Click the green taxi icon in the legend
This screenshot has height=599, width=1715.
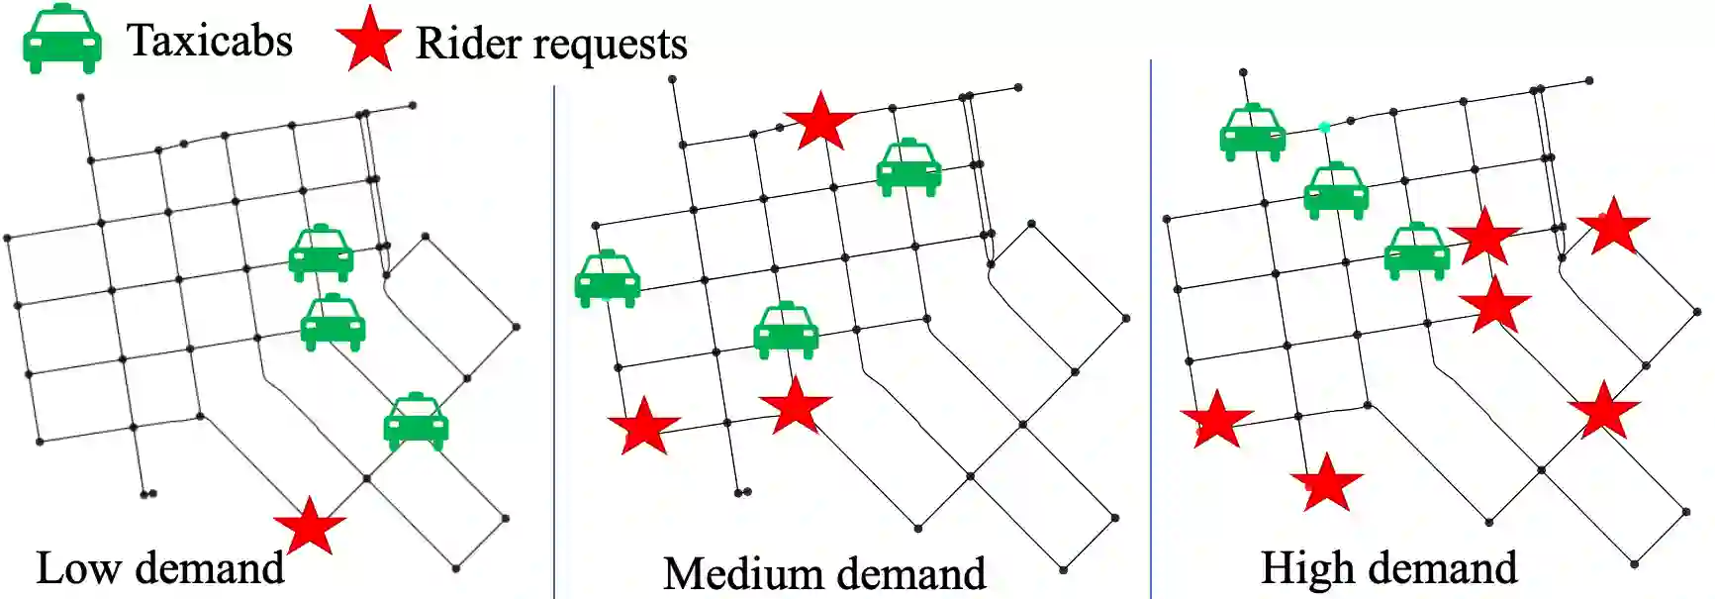(61, 41)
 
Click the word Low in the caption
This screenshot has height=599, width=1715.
(79, 568)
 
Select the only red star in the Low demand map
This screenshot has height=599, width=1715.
(310, 527)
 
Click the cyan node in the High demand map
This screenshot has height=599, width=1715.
(1324, 128)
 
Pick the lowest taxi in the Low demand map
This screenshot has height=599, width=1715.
(416, 423)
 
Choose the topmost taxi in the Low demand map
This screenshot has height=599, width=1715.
(321, 253)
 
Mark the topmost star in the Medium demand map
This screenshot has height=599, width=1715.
(819, 122)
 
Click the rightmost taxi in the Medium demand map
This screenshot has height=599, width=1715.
(908, 167)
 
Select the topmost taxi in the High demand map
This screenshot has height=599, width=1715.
(1252, 132)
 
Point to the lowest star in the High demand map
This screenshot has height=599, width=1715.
(1326, 483)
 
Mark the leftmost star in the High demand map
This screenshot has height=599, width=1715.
(1216, 419)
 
